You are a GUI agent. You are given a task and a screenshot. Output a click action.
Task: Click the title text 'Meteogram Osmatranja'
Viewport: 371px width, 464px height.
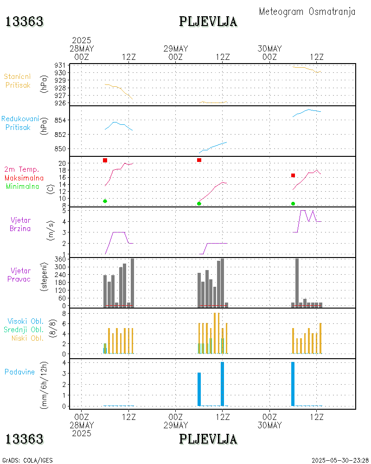point(307,12)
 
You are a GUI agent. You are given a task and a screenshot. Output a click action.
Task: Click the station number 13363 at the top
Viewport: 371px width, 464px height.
point(25,21)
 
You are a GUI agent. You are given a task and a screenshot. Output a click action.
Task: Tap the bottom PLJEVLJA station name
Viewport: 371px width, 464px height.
point(208,439)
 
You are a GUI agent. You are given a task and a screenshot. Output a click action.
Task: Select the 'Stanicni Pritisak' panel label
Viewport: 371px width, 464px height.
point(18,81)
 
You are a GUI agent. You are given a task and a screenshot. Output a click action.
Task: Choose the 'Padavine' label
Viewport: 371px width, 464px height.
point(19,372)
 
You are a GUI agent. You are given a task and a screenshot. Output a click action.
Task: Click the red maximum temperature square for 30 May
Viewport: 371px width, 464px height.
point(293,175)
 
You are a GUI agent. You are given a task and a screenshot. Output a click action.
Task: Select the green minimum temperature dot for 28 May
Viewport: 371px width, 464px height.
point(105,201)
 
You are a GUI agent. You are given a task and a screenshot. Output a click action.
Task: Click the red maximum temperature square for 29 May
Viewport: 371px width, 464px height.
point(199,160)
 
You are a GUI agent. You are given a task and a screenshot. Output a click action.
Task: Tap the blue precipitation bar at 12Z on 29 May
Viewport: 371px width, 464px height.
point(223,384)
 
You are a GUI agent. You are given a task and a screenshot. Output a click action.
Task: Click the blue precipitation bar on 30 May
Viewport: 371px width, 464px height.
point(293,384)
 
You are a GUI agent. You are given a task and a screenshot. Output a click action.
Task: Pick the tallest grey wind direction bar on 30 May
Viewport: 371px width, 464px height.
point(297,282)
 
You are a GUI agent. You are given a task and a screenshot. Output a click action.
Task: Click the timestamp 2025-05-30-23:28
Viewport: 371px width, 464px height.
point(340,460)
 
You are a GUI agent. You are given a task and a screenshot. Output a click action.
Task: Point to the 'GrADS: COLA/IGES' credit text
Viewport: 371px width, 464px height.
point(27,460)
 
